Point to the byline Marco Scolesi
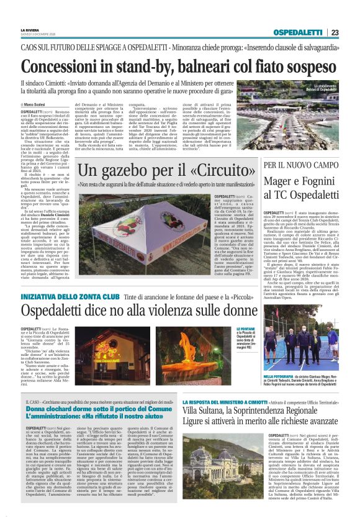[x=38, y=104]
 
